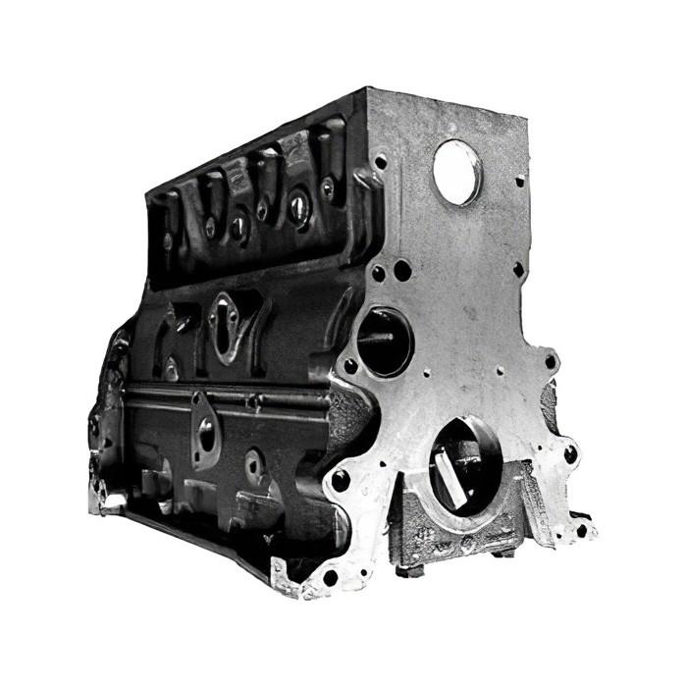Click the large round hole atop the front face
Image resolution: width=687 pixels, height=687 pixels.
(x=457, y=172)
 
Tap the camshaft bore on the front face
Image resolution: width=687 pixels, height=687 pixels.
(x=385, y=342)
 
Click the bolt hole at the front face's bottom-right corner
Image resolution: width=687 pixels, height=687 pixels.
(x=581, y=530)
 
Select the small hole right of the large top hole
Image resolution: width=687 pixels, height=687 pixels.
(x=519, y=181)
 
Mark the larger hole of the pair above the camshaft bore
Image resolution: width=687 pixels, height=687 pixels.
(x=402, y=270)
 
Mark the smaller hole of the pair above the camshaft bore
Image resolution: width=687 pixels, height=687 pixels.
(x=378, y=275)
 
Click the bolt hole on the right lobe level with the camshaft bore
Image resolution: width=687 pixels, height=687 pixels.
(x=551, y=361)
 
